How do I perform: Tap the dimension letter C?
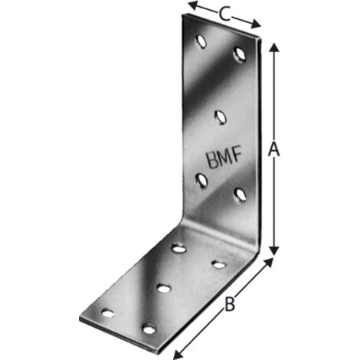click(224, 14)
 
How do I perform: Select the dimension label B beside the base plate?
click(229, 304)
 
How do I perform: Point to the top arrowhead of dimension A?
click(274, 47)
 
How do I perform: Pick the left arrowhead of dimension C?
click(193, 5)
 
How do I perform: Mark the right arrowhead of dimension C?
click(256, 24)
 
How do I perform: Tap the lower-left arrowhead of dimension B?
click(178, 355)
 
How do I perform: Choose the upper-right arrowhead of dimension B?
click(268, 262)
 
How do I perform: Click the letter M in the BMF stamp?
click(224, 158)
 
